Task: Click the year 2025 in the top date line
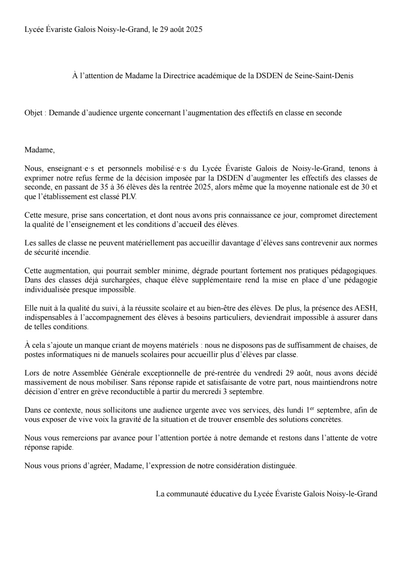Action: pyautogui.click(x=194, y=30)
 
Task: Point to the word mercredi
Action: pyautogui.click(x=206, y=392)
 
